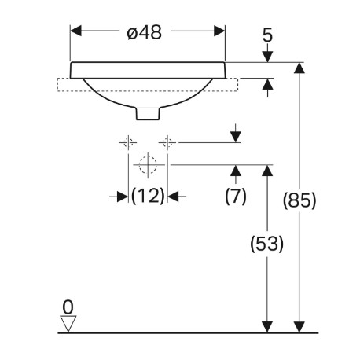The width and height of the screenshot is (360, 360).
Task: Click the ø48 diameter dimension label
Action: (144, 32)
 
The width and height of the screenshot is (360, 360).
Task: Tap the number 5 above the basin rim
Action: (267, 35)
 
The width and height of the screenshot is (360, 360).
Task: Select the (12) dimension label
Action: (148, 196)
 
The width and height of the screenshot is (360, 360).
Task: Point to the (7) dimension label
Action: (236, 196)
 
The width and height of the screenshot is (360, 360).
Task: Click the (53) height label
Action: (267, 244)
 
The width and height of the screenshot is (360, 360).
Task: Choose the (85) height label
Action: (299, 200)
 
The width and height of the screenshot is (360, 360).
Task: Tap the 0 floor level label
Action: (68, 307)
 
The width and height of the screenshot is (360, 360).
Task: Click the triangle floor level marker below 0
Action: (68, 324)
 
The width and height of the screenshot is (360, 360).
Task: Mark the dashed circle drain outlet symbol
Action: (148, 165)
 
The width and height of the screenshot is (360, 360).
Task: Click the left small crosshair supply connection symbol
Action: (128, 143)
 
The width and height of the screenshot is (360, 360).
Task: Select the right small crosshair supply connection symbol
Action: (167, 143)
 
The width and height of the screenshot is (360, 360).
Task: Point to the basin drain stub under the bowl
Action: (148, 113)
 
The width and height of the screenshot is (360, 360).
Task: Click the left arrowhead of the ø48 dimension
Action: (76, 31)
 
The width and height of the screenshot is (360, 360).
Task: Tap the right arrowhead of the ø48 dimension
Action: (219, 31)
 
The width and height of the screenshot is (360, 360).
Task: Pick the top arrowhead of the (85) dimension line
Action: (299, 68)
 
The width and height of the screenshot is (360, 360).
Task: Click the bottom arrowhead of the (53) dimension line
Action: (267, 327)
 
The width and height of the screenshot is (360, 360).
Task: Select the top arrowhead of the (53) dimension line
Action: (267, 171)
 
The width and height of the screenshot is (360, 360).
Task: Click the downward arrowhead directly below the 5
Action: (267, 57)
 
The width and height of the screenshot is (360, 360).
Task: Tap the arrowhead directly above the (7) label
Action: (236, 171)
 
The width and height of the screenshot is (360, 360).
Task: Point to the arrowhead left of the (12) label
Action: (123, 197)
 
